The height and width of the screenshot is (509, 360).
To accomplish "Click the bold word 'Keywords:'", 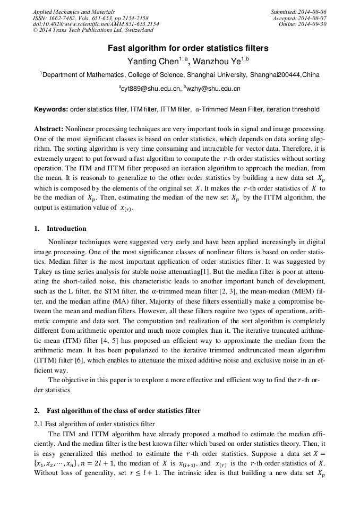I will [51, 109].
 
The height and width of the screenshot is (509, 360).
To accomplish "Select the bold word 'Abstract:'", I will [49, 129].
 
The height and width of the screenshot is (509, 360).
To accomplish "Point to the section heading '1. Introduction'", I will [60, 229].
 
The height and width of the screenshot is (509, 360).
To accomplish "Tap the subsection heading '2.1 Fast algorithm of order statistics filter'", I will [94, 424].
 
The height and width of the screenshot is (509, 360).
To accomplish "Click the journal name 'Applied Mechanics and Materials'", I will [74, 11].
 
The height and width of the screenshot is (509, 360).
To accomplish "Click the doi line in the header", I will [96, 24].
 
